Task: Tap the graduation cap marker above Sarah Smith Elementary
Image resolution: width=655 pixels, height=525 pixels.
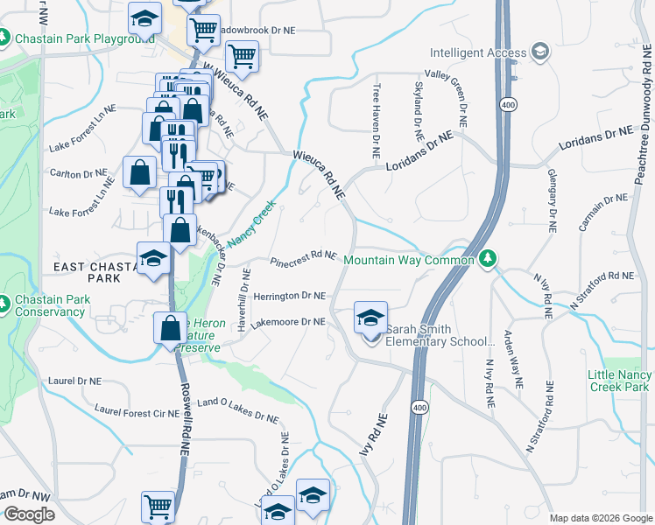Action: point(370,317)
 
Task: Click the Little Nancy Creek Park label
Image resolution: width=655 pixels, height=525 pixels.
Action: point(619,381)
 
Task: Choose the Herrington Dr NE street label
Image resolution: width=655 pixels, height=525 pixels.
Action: point(289,297)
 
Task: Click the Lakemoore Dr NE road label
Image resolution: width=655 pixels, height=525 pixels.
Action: point(288,322)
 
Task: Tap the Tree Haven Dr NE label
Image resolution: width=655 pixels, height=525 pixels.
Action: point(376,120)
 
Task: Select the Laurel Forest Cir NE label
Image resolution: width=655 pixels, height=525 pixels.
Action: point(137,411)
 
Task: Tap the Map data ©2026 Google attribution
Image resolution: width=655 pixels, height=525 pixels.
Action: point(601,518)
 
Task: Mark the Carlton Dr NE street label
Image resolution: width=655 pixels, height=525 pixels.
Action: point(82,175)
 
